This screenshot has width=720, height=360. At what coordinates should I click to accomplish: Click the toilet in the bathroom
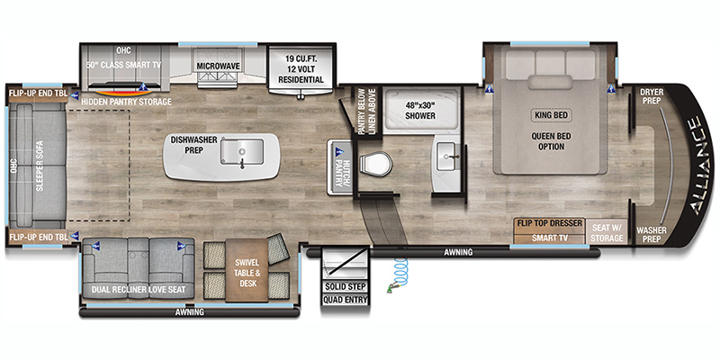[x=375, y=165]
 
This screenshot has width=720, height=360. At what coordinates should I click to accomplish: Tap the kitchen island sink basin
[x=242, y=151]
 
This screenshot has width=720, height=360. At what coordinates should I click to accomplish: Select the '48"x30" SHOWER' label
[x=420, y=110]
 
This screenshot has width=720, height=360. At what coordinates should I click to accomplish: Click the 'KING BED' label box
[x=552, y=115]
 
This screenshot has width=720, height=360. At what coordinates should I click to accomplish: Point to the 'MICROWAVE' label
[x=219, y=66]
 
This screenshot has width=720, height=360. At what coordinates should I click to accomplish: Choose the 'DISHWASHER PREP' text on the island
[x=193, y=145]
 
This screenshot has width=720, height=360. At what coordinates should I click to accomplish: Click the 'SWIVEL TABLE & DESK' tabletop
[x=247, y=270]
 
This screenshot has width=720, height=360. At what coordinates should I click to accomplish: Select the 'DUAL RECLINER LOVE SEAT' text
[x=139, y=290]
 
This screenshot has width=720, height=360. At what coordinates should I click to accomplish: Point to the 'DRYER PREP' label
[x=652, y=96]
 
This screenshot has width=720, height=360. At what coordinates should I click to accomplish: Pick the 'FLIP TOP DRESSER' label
[x=550, y=223]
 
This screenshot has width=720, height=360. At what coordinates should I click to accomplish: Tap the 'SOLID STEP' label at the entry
[x=346, y=287]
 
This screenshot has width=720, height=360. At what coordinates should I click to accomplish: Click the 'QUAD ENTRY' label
[x=346, y=301]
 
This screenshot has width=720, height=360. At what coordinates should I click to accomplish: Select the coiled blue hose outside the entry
[x=399, y=274]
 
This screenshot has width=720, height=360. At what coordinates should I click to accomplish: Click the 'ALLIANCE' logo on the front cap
[x=700, y=166]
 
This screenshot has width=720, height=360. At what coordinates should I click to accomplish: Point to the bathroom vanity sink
[x=445, y=156]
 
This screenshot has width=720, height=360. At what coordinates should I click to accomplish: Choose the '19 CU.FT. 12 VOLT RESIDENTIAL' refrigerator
[x=301, y=69]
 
